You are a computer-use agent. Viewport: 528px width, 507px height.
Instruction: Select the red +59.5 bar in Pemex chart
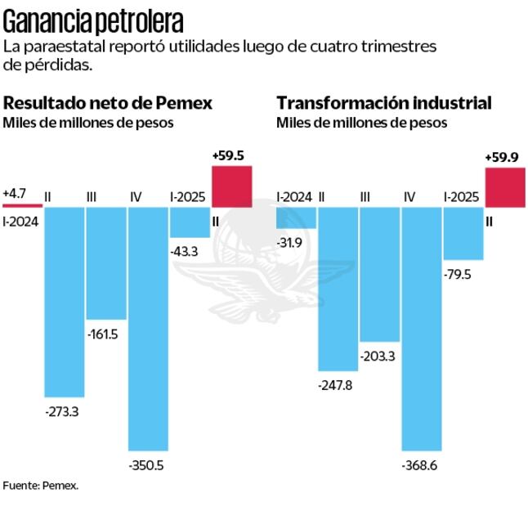point(231,186)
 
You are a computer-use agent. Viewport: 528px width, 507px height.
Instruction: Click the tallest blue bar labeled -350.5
point(148,327)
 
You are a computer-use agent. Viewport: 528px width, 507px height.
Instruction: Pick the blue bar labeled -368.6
point(421,327)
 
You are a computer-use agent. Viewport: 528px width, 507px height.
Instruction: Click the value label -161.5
point(105,334)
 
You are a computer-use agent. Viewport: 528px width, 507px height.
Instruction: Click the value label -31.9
point(291,242)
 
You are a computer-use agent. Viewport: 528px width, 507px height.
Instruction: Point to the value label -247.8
point(335,384)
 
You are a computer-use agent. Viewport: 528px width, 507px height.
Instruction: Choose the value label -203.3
point(378,355)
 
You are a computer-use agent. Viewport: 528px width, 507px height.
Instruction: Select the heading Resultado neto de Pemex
point(108,103)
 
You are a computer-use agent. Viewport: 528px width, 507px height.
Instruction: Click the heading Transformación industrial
point(384,103)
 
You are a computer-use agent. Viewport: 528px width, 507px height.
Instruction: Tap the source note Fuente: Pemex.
point(41,485)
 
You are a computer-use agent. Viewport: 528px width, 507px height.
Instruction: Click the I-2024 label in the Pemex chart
point(20,219)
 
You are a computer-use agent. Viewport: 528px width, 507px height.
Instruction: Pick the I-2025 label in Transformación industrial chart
point(461,196)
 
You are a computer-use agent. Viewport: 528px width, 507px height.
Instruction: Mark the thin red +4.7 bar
point(22,205)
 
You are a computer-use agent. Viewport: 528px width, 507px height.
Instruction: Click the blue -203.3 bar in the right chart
point(379,274)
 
